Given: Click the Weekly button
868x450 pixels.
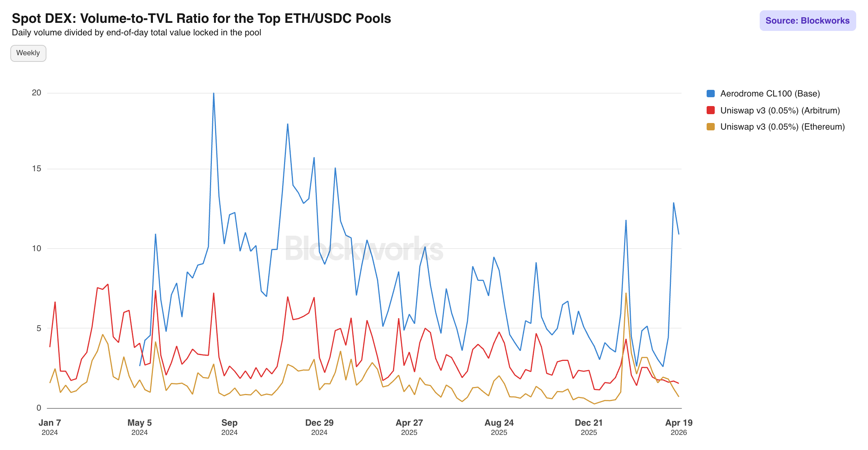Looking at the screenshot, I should (x=28, y=53).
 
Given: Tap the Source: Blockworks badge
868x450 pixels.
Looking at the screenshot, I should (x=807, y=21).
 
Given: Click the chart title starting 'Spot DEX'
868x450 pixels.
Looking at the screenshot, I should (x=201, y=18).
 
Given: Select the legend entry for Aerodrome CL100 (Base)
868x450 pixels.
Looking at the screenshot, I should (x=770, y=94).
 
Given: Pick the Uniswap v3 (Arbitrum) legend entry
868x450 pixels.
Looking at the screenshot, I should (x=780, y=110).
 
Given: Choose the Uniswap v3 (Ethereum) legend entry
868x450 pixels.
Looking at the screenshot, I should (x=782, y=127).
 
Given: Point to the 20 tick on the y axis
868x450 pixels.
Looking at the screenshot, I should (x=36, y=93).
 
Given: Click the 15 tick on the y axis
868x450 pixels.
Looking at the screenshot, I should (x=36, y=169).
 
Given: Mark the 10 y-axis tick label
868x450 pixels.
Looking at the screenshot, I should (x=36, y=248).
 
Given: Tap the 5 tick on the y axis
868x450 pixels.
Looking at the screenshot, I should (x=39, y=328).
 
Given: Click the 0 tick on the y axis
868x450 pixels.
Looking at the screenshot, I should (x=39, y=408).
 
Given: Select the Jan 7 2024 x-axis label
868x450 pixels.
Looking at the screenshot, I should (x=50, y=427).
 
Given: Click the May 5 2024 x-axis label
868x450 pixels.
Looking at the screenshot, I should (x=140, y=427).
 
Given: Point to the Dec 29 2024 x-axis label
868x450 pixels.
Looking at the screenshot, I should (x=319, y=427).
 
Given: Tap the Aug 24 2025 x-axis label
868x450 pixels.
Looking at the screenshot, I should (x=499, y=427).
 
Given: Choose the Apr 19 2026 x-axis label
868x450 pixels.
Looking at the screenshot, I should (x=679, y=427).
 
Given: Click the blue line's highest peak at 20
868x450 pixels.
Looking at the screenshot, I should (x=214, y=94).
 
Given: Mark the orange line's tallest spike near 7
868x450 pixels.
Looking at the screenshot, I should (x=626, y=293).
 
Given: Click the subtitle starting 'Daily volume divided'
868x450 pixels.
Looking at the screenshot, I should (x=136, y=32).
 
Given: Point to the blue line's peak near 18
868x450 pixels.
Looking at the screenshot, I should (x=288, y=124).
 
